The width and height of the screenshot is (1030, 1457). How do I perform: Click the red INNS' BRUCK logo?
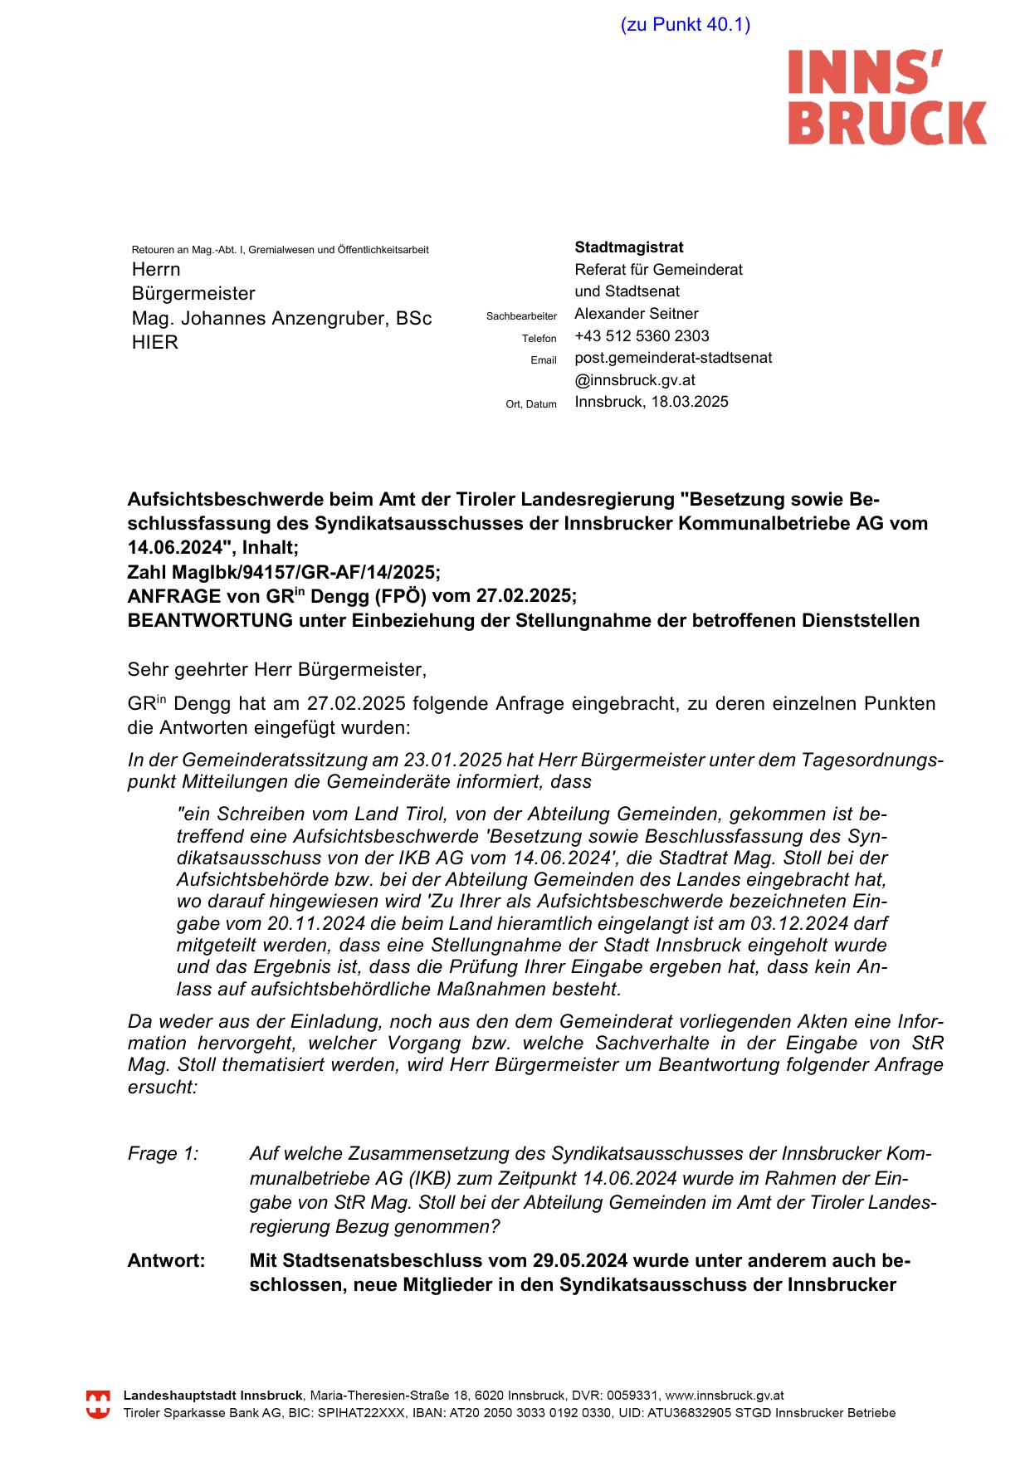(886, 97)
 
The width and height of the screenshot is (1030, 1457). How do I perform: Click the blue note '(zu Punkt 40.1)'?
(685, 25)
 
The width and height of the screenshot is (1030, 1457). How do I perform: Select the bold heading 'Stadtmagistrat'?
(629, 247)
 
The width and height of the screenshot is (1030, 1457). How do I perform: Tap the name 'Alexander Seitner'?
(636, 314)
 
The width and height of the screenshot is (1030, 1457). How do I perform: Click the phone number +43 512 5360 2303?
(642, 336)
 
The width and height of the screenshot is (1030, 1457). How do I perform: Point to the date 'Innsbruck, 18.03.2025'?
(652, 402)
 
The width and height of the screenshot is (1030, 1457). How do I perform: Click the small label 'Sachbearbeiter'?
(521, 316)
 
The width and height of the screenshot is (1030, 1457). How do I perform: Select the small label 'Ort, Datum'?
(531, 404)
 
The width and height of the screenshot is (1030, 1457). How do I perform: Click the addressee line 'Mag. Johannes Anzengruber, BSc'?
(281, 319)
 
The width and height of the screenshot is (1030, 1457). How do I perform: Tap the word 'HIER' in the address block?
(155, 343)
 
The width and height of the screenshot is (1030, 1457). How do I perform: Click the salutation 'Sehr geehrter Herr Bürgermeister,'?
(276, 669)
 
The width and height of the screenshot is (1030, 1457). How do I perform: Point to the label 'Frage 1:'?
(163, 1154)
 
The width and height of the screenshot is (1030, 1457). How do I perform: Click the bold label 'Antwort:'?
(166, 1261)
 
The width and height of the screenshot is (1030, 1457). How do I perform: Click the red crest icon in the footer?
(98, 1405)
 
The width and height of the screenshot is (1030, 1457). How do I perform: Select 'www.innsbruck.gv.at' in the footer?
(725, 1396)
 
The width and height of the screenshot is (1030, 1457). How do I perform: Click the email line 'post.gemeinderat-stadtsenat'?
(673, 358)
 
